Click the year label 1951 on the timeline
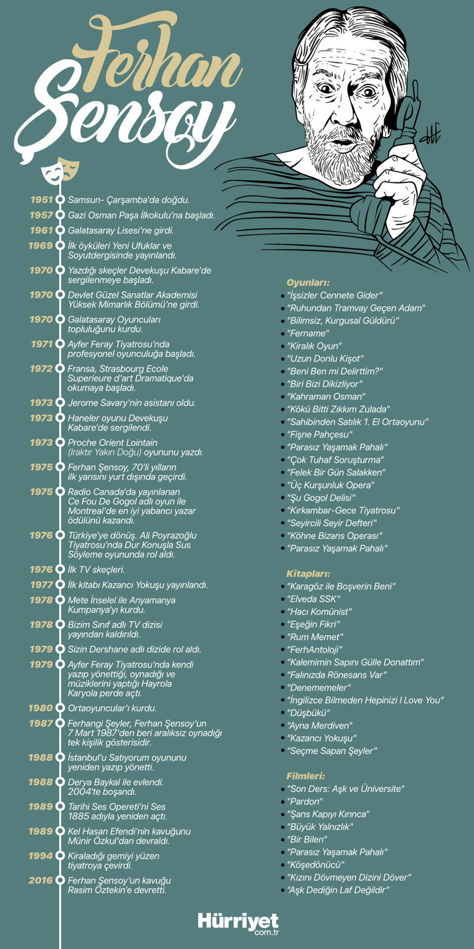tap(41, 200)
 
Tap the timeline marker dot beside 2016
tap(60, 880)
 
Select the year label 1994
tap(41, 855)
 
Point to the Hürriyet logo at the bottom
tap(238, 923)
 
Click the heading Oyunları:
tap(308, 283)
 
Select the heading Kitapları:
tap(308, 572)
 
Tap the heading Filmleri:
tap(306, 775)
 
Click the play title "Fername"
tap(308, 333)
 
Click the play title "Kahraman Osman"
tap(326, 396)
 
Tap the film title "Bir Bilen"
tap(307, 839)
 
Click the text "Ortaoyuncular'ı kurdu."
tap(112, 708)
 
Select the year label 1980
tap(41, 708)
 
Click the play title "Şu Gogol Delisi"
tap(321, 497)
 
